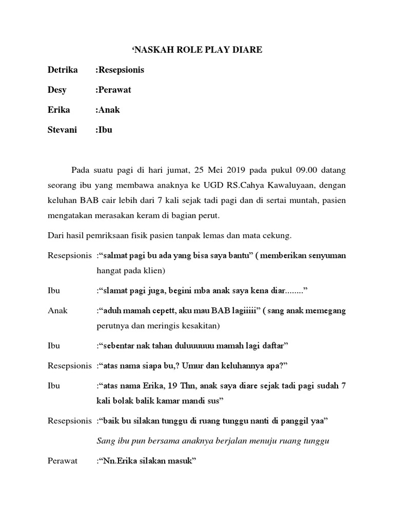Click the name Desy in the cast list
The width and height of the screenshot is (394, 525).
[58, 90]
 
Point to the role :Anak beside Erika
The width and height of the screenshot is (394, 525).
[108, 110]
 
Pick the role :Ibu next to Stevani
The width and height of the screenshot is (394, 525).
[104, 130]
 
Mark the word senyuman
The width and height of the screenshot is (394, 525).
[326, 256]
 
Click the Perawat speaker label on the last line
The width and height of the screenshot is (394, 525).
[63, 460]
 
